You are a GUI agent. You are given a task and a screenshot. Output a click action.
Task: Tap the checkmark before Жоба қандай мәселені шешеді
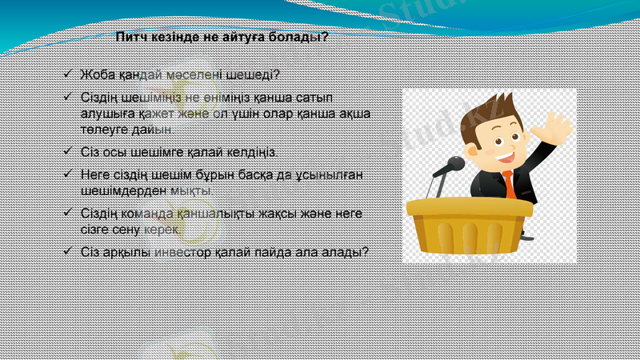(x=68, y=75)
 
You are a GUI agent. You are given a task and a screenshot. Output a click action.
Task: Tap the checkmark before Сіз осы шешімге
(x=68, y=151)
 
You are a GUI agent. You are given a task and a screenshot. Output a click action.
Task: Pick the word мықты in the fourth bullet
(x=193, y=191)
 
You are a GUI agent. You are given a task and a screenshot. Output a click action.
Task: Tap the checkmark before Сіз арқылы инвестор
(x=68, y=251)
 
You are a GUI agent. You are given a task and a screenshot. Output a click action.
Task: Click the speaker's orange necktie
(x=508, y=184)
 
